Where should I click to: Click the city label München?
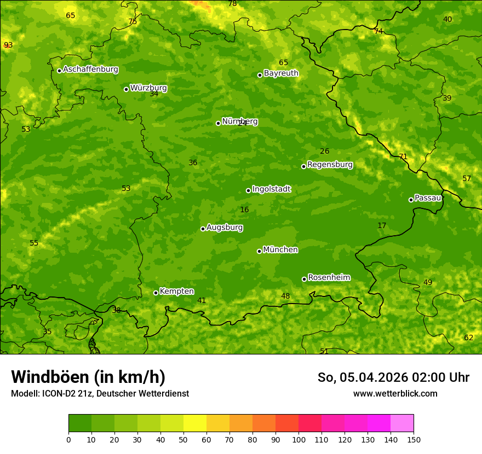click(280, 250)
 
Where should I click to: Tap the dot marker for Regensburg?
click(303, 166)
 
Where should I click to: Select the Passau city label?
click(428, 198)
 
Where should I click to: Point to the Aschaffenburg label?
click(90, 69)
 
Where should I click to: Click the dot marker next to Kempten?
click(156, 293)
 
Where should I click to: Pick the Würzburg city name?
click(148, 88)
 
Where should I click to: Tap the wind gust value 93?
click(8, 45)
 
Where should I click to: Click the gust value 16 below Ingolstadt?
click(244, 210)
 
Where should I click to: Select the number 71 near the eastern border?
click(403, 157)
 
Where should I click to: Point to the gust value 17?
click(382, 226)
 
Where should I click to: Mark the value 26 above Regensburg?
click(325, 152)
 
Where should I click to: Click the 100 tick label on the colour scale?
click(299, 440)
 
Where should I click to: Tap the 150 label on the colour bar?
click(414, 440)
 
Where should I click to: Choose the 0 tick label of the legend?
click(68, 440)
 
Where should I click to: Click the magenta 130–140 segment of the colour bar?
click(379, 423)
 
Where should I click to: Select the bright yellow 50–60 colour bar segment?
click(195, 423)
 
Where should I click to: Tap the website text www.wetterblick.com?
click(395, 394)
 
